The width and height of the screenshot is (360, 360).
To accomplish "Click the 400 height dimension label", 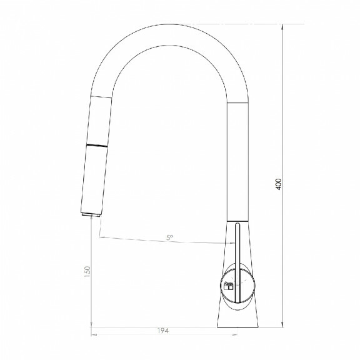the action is (x=278, y=184).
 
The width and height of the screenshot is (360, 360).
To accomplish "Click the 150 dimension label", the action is (x=87, y=271).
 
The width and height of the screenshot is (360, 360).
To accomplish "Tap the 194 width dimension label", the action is (x=162, y=331).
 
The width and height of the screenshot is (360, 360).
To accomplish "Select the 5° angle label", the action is (x=169, y=237).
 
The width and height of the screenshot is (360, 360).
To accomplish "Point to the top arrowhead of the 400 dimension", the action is (x=282, y=27).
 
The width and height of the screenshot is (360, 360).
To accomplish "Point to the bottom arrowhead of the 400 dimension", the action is (x=282, y=324).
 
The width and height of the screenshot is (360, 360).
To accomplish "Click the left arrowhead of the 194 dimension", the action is (x=94, y=335).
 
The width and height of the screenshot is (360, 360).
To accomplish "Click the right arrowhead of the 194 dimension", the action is (x=234, y=335).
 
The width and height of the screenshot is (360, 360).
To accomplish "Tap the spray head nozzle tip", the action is (x=91, y=214).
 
